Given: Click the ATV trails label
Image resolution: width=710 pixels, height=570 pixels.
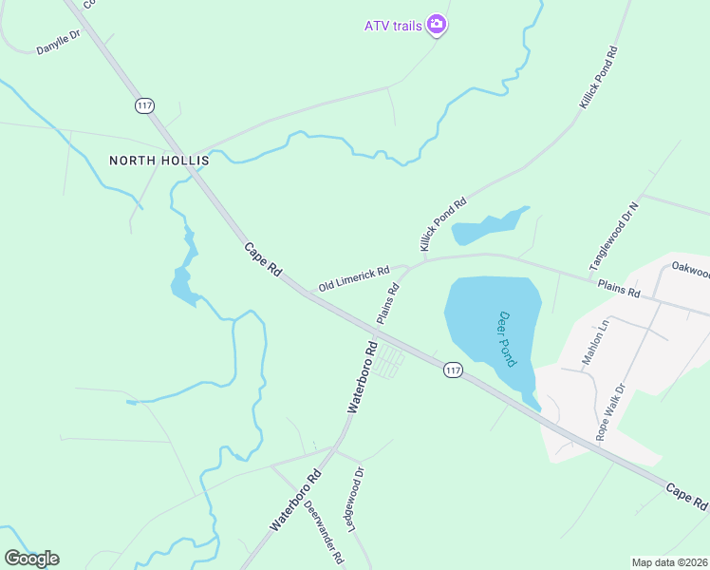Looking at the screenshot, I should pos(393,25).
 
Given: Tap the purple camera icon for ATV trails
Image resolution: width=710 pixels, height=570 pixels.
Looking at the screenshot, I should pos(436,25).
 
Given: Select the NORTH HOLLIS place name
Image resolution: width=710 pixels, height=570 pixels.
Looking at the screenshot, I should pos(159,161).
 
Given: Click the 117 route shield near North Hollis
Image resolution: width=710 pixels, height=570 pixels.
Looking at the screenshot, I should pos(144,105).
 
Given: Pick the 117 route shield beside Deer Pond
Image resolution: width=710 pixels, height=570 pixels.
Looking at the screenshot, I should pos(452,370).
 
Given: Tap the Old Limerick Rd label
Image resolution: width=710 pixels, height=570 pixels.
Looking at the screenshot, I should pos(354,278).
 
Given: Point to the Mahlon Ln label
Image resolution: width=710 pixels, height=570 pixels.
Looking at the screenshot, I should pos(597,339).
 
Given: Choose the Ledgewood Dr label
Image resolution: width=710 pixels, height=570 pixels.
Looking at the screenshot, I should pos(357,499).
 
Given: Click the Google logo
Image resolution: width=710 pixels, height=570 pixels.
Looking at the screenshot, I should pos(31,558).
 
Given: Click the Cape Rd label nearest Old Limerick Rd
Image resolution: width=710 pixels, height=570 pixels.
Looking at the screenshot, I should pos(263,259).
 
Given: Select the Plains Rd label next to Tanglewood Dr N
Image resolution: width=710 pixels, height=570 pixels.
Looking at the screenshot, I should pos(618,288).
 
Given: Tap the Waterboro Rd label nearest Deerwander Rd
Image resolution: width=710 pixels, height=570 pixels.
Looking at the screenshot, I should pos(294,500).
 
